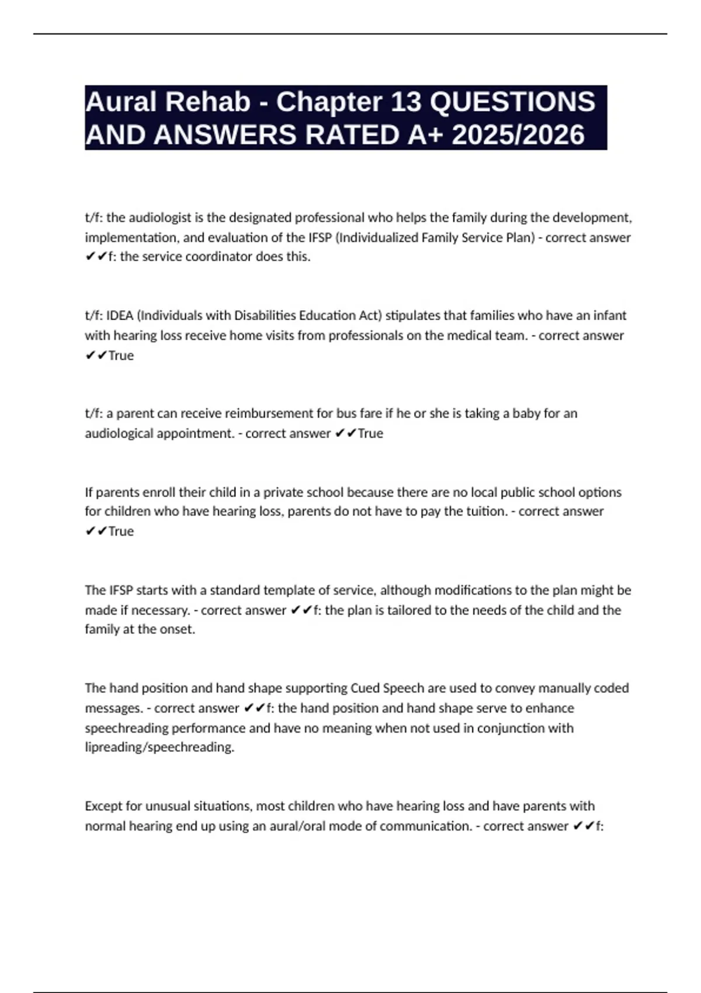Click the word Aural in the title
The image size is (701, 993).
tap(121, 102)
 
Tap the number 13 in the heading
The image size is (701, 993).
tap(405, 102)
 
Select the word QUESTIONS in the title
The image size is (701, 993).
tap(512, 102)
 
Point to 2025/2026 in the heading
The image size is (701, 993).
tap(518, 135)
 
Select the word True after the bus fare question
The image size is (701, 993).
tap(370, 433)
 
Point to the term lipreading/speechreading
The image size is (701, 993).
tap(159, 748)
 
